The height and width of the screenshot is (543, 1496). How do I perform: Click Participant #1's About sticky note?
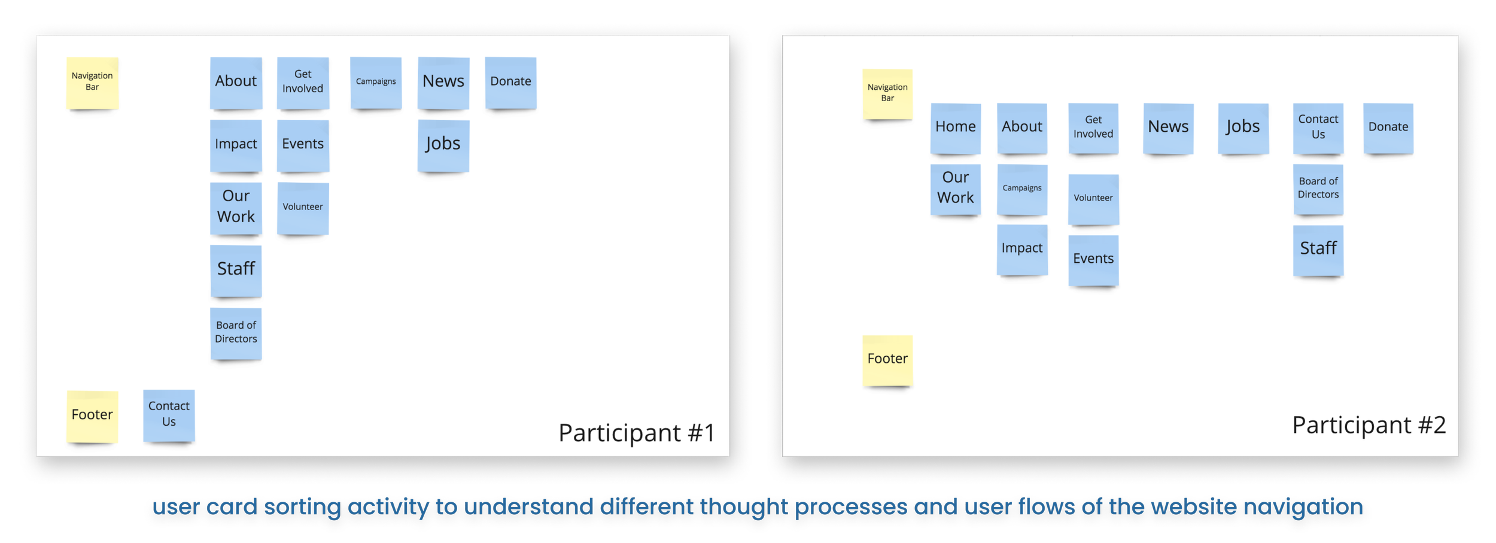[x=236, y=82]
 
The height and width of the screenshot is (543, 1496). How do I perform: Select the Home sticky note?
[x=955, y=128]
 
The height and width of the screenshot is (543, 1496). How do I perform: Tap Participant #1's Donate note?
[x=510, y=82]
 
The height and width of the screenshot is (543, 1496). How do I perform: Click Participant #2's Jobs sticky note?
[x=1243, y=128]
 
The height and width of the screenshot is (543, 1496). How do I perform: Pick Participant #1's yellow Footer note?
[x=92, y=415]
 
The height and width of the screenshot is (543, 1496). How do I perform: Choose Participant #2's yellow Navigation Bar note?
[x=887, y=93]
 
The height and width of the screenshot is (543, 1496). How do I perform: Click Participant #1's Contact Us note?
[x=169, y=414]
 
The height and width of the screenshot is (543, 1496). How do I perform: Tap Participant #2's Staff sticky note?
[x=1318, y=249]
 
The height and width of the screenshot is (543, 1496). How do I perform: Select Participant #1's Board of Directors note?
[x=236, y=333]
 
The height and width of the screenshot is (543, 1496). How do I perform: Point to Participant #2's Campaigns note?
[x=1022, y=189]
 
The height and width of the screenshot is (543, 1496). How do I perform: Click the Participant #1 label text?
[x=636, y=433]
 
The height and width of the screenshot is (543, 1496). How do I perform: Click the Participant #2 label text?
[x=1369, y=425]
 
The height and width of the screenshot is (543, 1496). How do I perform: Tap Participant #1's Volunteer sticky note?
[x=303, y=208]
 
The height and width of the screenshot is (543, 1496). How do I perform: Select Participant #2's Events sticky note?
[x=1093, y=259]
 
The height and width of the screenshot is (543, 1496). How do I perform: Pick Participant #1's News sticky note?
[x=443, y=82]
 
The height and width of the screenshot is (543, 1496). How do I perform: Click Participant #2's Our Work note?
[x=955, y=189]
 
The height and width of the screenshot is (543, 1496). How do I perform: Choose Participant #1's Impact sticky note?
[x=236, y=145]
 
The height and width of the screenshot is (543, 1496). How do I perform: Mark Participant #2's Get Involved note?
[x=1093, y=128]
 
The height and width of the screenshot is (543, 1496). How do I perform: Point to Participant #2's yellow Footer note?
[x=887, y=359]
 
